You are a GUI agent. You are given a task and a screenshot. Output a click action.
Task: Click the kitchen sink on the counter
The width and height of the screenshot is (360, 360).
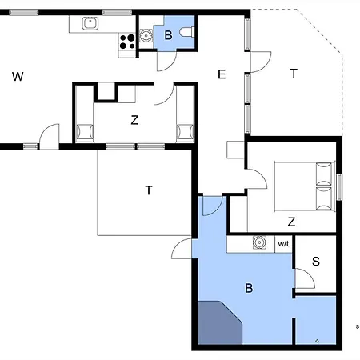(x=90, y=23)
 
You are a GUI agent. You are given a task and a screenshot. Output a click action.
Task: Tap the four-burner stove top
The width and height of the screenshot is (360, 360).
(x=127, y=42)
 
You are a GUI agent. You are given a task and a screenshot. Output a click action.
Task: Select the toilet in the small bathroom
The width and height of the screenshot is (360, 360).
(x=187, y=32)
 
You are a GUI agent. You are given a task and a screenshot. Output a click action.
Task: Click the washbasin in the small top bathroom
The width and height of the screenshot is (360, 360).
(x=146, y=35)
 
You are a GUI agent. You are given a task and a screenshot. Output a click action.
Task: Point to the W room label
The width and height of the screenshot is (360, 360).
(x=18, y=77)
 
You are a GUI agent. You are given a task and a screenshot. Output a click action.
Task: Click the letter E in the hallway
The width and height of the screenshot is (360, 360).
(x=222, y=74)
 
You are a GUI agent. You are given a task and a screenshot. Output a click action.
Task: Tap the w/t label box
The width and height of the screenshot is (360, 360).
(x=283, y=244)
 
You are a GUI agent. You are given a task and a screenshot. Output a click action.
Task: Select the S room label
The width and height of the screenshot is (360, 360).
(x=316, y=262)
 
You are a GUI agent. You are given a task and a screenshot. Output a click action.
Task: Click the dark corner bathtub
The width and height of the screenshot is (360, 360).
(x=220, y=322)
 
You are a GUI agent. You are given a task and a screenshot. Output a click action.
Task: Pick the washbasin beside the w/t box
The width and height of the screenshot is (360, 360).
(x=259, y=242)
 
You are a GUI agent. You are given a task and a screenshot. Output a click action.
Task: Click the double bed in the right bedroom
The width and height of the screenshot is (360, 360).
(x=305, y=186)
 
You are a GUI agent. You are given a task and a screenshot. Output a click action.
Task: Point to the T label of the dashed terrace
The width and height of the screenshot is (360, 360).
(x=294, y=74)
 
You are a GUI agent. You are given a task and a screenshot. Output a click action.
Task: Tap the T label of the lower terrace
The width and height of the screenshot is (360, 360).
(x=149, y=190)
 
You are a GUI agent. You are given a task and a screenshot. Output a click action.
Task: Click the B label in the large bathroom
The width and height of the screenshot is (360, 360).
(x=249, y=288)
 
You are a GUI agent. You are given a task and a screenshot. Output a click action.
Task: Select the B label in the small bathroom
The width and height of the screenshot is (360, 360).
(x=168, y=35)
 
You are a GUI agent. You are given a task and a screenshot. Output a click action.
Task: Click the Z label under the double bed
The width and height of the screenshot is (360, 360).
(x=291, y=222)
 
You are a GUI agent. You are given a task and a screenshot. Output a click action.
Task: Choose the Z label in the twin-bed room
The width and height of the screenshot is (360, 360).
(x=134, y=120)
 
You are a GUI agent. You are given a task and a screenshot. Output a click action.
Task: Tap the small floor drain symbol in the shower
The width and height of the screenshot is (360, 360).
(x=317, y=341)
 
